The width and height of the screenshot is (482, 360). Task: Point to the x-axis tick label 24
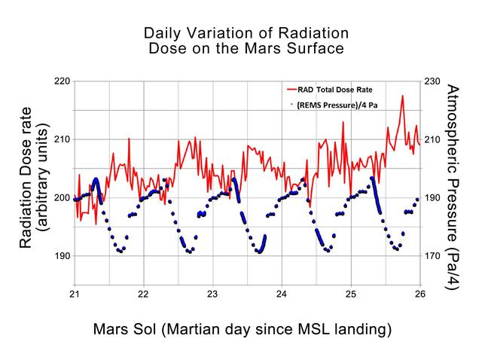tap(282, 293)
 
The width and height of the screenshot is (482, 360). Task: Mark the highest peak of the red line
tap(403, 96)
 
